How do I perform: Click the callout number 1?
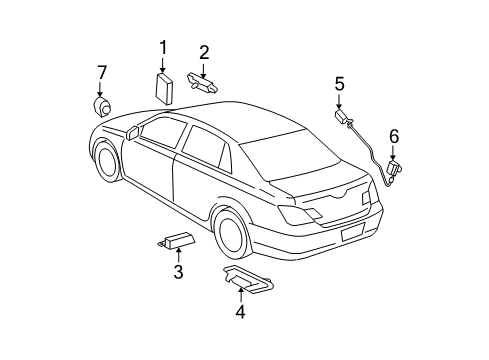click(x=163, y=46)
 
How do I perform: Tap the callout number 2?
click(x=203, y=52)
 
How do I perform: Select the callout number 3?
click(x=178, y=272)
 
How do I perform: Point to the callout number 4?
click(x=240, y=311)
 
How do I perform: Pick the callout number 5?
click(x=339, y=84)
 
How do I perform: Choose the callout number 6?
click(x=393, y=135)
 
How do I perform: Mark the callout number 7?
click(x=101, y=72)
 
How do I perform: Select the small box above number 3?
click(x=178, y=240)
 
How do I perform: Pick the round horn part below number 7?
click(x=101, y=106)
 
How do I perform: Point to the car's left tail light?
click(x=297, y=214)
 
